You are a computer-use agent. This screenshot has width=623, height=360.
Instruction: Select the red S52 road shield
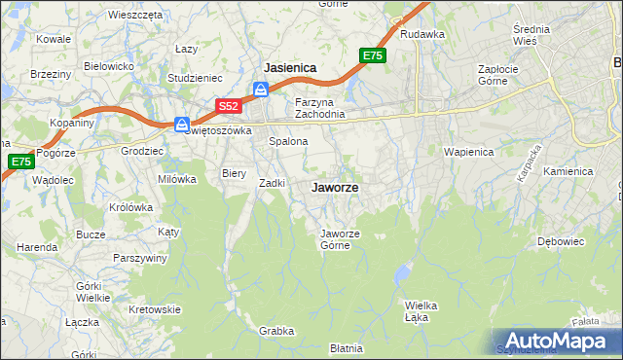228,105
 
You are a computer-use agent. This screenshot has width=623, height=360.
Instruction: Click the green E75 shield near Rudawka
372,56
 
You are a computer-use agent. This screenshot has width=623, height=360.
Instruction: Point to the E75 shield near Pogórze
21,162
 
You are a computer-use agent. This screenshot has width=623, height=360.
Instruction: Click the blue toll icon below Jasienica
261,90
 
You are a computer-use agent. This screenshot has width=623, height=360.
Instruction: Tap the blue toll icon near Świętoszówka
182,124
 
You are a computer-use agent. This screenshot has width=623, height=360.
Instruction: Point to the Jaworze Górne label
342,238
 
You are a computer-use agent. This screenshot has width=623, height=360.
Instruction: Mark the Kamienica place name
568,171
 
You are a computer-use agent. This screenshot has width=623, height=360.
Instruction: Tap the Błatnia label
346,347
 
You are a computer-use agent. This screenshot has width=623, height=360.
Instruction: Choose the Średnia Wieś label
531,35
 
